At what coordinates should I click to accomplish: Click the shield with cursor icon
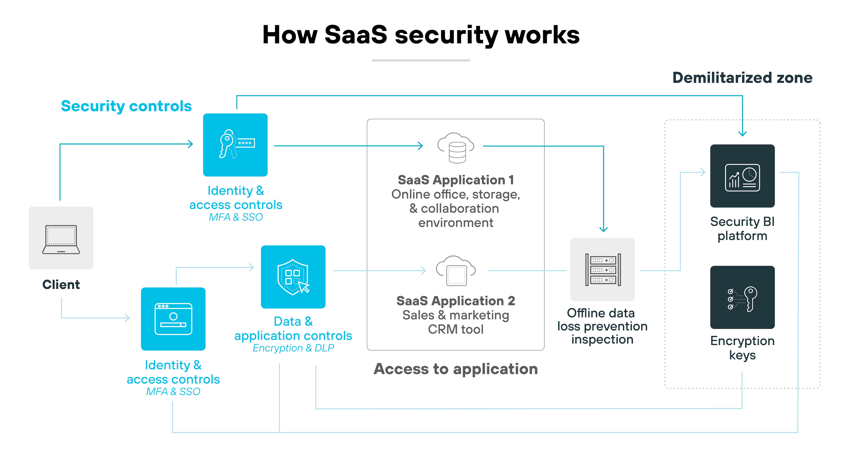point(293,277)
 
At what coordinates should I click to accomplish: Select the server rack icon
point(602,270)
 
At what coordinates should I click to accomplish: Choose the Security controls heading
point(126,106)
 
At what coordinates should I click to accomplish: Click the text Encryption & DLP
point(293,348)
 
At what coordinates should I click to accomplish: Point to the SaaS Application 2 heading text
point(456,301)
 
